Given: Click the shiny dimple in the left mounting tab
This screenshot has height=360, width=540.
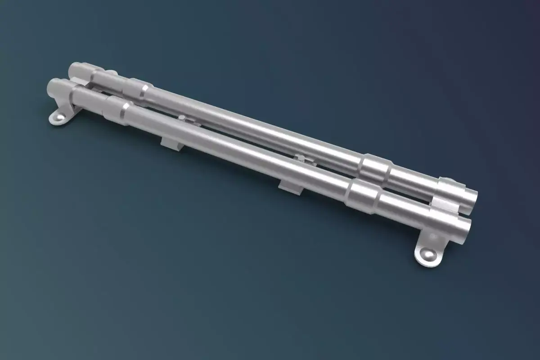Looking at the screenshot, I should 58,118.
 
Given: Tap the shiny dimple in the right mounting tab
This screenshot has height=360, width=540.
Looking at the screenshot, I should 427,256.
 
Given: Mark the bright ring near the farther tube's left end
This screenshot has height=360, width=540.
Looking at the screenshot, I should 143,90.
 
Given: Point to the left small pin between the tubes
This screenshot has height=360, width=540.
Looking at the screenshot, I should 182,118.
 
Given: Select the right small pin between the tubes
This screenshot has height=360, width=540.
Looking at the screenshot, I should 299,157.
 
